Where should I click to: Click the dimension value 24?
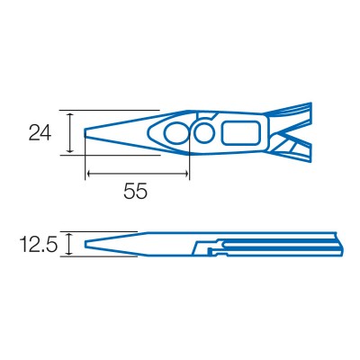click(x=40, y=133)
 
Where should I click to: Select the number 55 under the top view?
click(x=135, y=191)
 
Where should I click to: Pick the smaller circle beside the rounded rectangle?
click(x=205, y=134)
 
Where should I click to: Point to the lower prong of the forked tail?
click(x=297, y=150)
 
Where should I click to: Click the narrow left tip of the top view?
click(x=87, y=133)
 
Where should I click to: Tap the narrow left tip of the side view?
click(x=87, y=243)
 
